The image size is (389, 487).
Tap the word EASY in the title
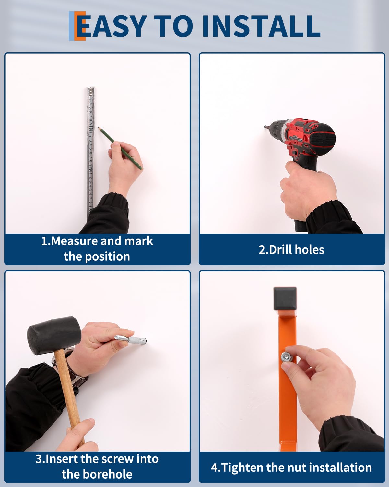pos(111,26)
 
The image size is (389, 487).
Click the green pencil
pos(120,148)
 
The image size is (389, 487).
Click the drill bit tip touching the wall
pos(265,127)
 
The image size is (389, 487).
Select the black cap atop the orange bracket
pos(285,299)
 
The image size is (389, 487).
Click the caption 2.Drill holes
pos(291,250)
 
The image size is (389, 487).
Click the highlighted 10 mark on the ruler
pos(91,129)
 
